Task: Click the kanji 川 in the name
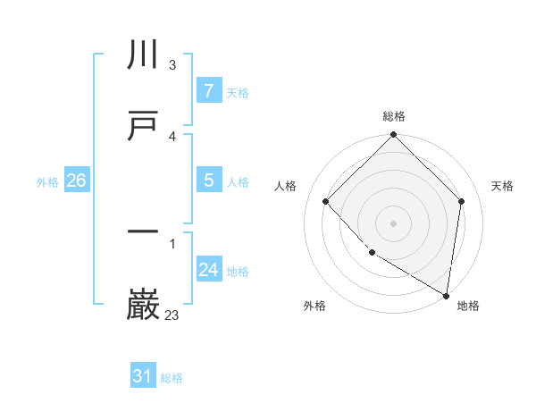tap(144, 55)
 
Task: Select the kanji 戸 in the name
tap(144, 127)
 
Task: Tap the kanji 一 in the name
tap(144, 233)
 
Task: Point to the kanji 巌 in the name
tap(144, 305)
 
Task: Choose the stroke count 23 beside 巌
tap(172, 315)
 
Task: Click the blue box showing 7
tap(208, 91)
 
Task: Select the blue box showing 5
tap(208, 181)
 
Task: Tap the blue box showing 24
tap(208, 270)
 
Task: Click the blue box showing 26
tap(76, 181)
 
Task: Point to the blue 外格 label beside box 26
tap(47, 182)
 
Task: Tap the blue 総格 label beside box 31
tap(172, 378)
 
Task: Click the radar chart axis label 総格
tap(394, 116)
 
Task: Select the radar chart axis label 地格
tap(468, 306)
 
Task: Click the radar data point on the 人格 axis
tap(326, 201)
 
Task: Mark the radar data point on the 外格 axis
tap(372, 253)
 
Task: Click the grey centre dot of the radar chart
tap(394, 223)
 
